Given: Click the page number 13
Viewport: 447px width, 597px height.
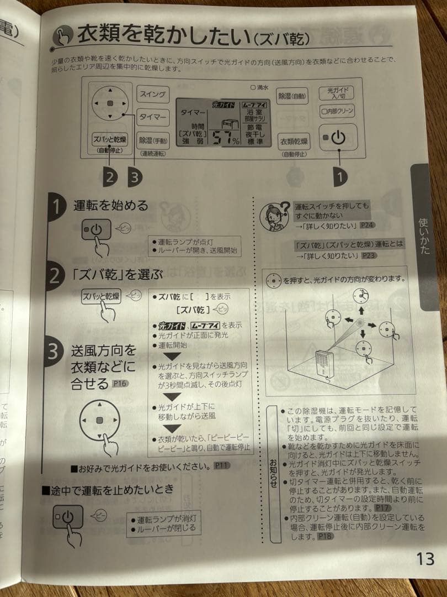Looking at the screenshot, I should pos(425,559).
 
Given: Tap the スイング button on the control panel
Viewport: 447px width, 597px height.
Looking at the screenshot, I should pos(153,95).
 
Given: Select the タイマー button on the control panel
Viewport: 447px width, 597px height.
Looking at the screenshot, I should pos(153,117).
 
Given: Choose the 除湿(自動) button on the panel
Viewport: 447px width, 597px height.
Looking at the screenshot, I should pos(292,95).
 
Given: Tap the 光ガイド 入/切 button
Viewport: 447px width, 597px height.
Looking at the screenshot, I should pos(337,92).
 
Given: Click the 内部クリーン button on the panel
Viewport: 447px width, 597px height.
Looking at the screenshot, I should pos(337,111).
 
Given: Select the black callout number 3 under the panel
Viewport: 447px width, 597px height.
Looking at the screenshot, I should pos(134,177).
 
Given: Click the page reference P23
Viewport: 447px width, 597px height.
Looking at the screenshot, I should pos(369,256).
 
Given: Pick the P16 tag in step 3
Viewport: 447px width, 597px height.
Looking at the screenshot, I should pos(120,383).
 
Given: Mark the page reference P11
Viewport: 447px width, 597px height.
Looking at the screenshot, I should pos(221,466).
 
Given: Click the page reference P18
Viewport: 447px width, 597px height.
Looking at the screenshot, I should pos(325,536).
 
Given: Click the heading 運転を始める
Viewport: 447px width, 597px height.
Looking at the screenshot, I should pos(111,206).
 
